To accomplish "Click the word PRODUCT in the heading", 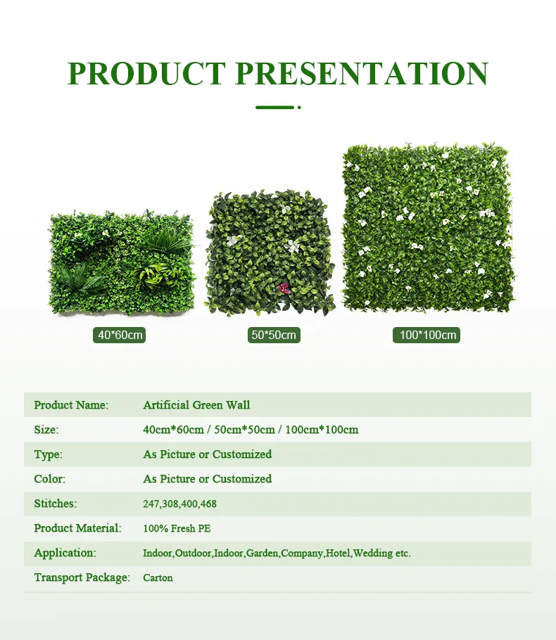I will click(146, 74).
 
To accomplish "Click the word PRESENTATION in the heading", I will click(361, 74).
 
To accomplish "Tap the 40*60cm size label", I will click(120, 335).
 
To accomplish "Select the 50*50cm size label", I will click(274, 335).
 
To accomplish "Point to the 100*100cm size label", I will click(428, 335).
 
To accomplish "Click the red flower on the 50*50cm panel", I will click(284, 288).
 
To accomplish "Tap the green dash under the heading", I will click(275, 108).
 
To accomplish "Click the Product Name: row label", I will click(71, 405).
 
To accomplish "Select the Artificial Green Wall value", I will click(196, 405).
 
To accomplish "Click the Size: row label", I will click(46, 430).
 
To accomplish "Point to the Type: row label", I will click(48, 454).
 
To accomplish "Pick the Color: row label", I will click(49, 479).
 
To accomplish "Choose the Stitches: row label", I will click(55, 504).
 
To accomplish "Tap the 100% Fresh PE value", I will click(177, 528).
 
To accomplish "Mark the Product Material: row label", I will click(77, 528).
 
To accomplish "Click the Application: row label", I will click(65, 553).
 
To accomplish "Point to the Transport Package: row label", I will click(82, 577).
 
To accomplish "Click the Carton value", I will click(158, 578).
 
